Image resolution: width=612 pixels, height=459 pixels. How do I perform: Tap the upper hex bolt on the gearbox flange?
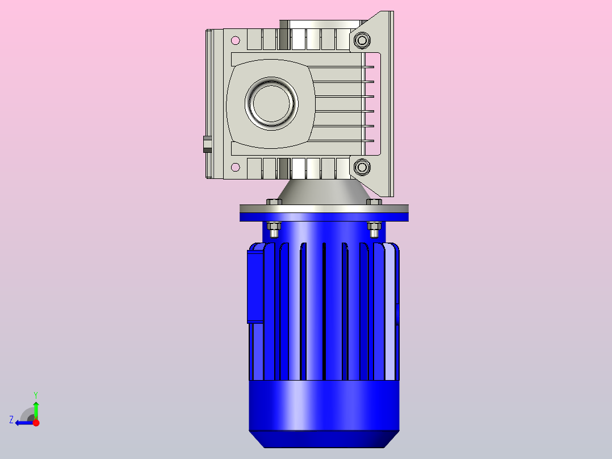tap(362, 40)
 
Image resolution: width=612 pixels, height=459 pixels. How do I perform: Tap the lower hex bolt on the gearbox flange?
tap(362, 167)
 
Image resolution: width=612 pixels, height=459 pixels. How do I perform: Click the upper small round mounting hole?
tap(236, 40)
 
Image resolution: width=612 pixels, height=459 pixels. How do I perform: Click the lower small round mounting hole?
tap(236, 167)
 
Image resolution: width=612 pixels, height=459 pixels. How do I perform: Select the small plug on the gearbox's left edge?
tap(207, 144)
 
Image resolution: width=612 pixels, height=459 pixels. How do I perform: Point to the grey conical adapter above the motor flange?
tap(324, 192)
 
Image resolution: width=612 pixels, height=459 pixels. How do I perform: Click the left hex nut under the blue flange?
tap(274, 229)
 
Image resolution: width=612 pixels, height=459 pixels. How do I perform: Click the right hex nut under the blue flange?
tap(374, 229)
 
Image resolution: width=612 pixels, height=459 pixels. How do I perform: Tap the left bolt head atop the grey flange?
tap(274, 202)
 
